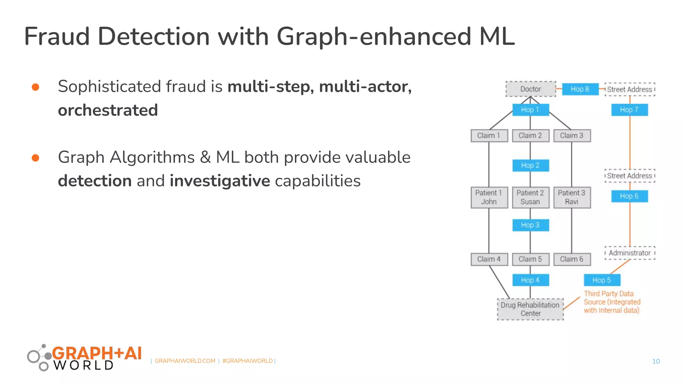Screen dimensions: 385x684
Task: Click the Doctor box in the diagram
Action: pyautogui.click(x=530, y=89)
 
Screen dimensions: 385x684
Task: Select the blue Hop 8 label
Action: pyautogui.click(x=580, y=89)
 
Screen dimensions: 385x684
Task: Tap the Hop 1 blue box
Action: pyautogui.click(x=530, y=110)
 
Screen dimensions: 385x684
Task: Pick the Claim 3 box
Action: pyautogui.click(x=572, y=135)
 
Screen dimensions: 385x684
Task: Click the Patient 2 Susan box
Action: pyautogui.click(x=530, y=197)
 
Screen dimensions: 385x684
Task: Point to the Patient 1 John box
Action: pyautogui.click(x=489, y=197)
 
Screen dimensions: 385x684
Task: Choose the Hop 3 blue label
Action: pyautogui.click(x=530, y=225)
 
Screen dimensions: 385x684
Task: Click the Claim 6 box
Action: pyautogui.click(x=572, y=259)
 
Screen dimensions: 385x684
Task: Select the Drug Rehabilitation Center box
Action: pyautogui.click(x=530, y=309)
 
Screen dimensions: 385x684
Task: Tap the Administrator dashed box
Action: pyautogui.click(x=630, y=253)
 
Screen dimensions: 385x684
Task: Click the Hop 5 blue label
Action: pyautogui.click(x=602, y=280)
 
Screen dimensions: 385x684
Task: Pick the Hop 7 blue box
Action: pyautogui.click(x=629, y=110)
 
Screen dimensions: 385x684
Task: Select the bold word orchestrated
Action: pyautogui.click(x=108, y=110)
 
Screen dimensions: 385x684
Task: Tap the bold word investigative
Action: pyautogui.click(x=219, y=181)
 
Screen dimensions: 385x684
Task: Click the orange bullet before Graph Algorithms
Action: pyautogui.click(x=35, y=158)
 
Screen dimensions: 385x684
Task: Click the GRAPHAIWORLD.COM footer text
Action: pyautogui.click(x=185, y=361)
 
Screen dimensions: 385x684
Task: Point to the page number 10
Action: pyautogui.click(x=656, y=361)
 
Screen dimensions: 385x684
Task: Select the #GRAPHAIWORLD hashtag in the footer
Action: pyautogui.click(x=247, y=361)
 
